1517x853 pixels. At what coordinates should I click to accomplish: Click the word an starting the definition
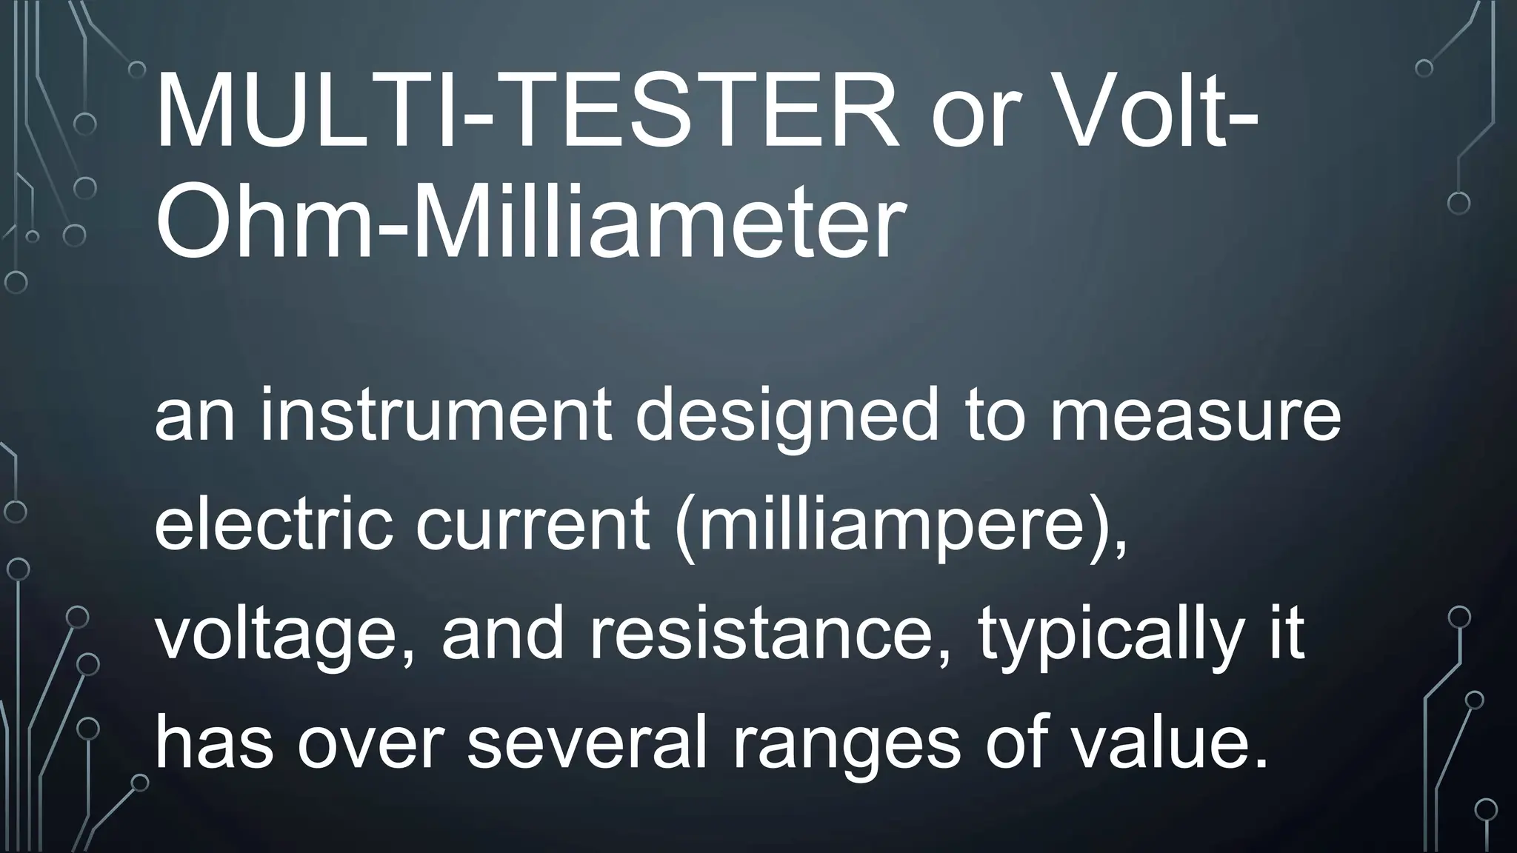(x=194, y=418)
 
